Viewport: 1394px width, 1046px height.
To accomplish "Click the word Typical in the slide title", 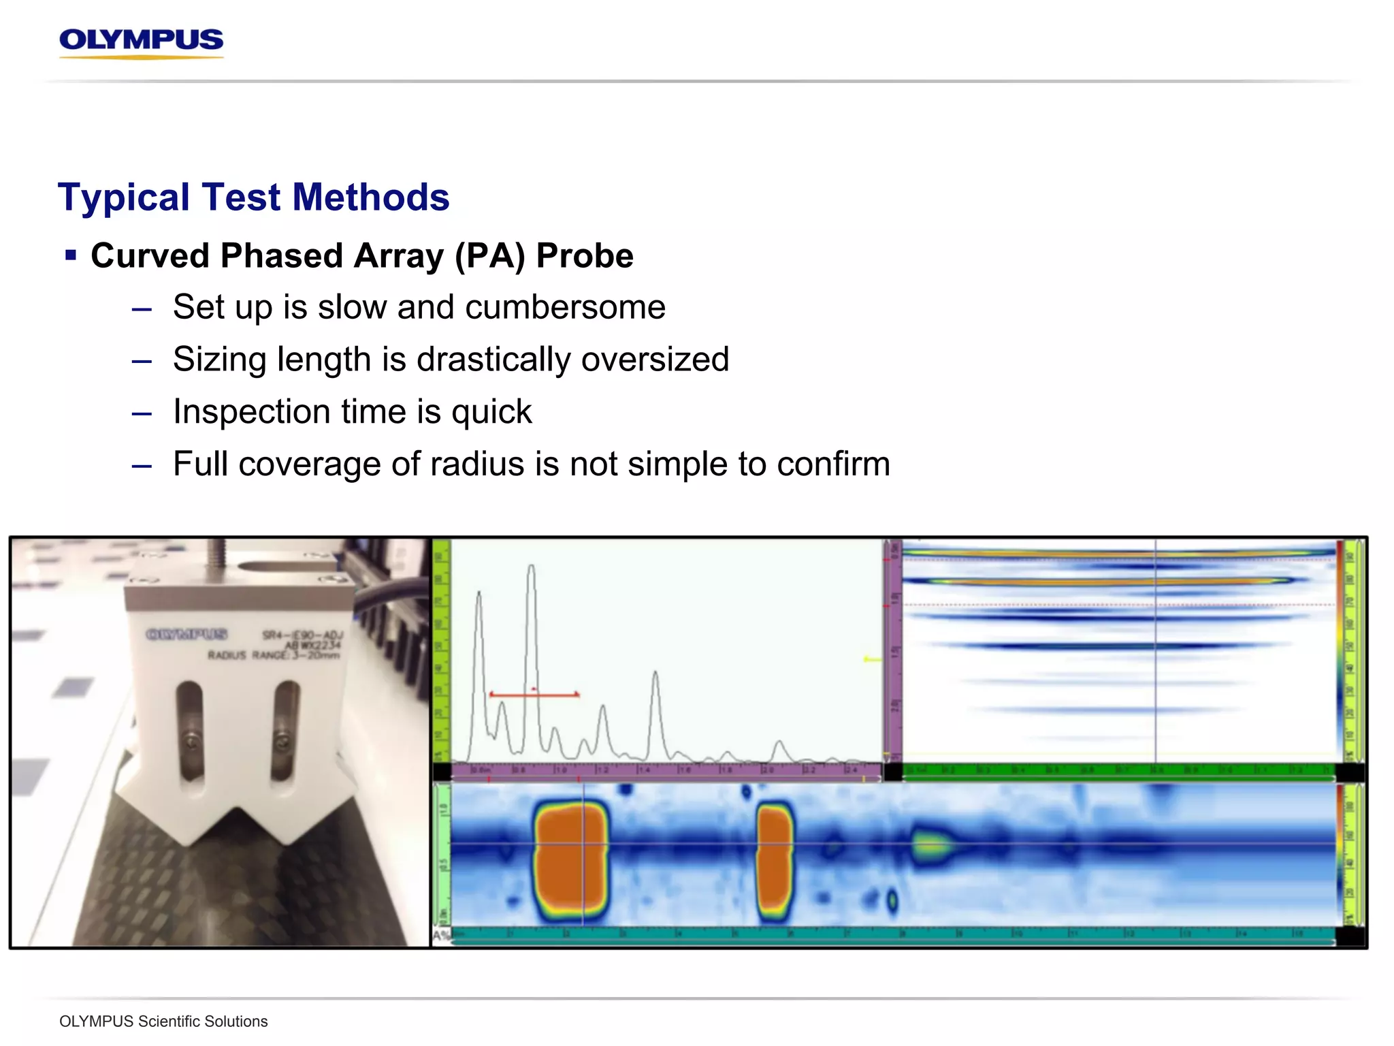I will pos(123,197).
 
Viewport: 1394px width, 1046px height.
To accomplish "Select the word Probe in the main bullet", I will pos(584,256).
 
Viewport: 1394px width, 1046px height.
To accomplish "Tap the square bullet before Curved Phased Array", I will pos(71,255).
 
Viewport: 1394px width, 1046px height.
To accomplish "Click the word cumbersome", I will pos(565,307).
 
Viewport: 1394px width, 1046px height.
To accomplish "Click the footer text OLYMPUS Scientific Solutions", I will pos(163,1021).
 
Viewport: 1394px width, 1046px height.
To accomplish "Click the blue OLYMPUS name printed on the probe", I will pos(186,635).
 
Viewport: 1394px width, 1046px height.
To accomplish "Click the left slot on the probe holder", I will pos(190,732).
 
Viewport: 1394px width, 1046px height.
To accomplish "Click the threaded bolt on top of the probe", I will pos(216,557).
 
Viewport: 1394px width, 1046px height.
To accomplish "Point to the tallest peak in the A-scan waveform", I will pos(531,568).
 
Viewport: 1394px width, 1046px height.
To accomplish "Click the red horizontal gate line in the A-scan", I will pos(534,695).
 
